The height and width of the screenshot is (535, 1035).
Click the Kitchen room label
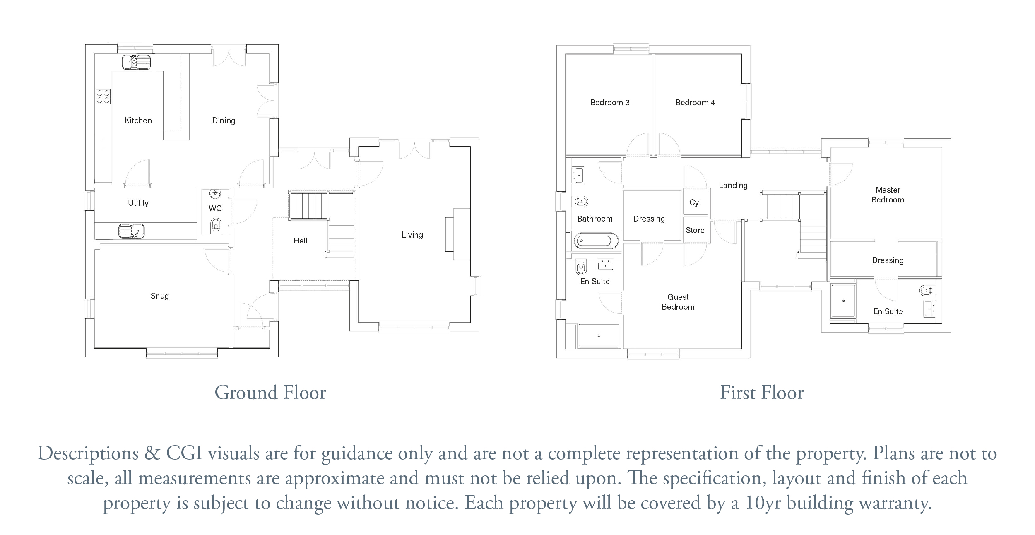pyautogui.click(x=138, y=120)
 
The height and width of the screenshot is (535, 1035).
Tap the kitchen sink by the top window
pyautogui.click(x=136, y=62)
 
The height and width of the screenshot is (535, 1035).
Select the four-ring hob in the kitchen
pyautogui.click(x=103, y=96)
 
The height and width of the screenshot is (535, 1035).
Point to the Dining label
pyautogui.click(x=224, y=120)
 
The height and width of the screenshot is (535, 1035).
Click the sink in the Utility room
pyautogui.click(x=131, y=231)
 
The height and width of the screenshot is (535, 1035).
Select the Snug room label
pyautogui.click(x=159, y=296)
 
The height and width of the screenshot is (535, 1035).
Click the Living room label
pyautogui.click(x=412, y=235)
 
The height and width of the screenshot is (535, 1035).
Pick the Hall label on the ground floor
pyautogui.click(x=301, y=241)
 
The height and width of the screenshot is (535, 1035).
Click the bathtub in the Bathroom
pyautogui.click(x=597, y=241)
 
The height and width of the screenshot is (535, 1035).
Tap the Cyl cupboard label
pyautogui.click(x=695, y=202)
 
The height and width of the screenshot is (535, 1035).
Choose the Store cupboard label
pyautogui.click(x=695, y=230)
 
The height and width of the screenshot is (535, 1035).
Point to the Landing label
pyautogui.click(x=733, y=186)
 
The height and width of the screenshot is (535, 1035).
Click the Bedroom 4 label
pyautogui.click(x=695, y=102)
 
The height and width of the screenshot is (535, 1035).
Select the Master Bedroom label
pyautogui.click(x=888, y=195)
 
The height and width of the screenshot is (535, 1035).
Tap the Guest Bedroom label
pyautogui.click(x=678, y=302)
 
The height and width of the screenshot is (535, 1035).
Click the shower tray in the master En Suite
pyautogui.click(x=843, y=301)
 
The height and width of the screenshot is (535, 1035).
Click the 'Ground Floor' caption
pyautogui.click(x=270, y=393)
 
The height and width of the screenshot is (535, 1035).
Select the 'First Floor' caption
pyautogui.click(x=762, y=393)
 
